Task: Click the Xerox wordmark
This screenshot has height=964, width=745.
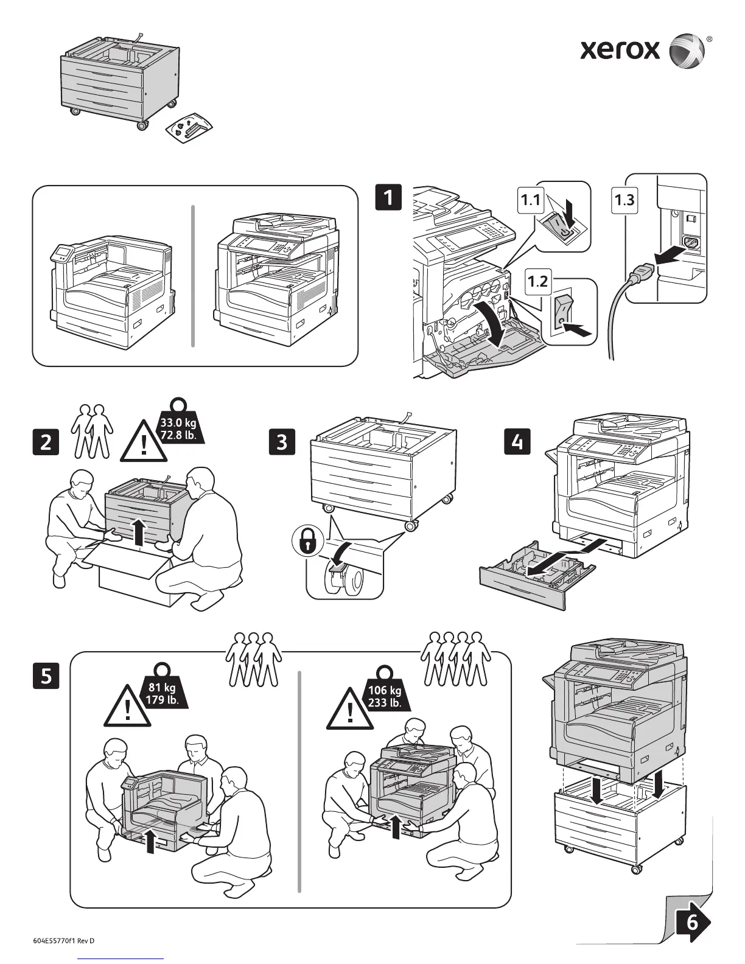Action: point(620,49)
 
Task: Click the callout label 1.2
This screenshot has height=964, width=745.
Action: point(538,281)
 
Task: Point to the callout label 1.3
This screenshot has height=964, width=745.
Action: point(624,200)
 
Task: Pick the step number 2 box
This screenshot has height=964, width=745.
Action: point(46,442)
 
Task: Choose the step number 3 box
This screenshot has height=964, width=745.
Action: point(281,441)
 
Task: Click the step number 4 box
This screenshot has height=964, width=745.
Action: point(517,441)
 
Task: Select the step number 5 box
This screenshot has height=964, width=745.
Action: point(46,676)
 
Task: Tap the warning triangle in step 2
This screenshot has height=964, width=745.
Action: point(144,443)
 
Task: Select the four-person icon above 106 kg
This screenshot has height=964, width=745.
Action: point(457,660)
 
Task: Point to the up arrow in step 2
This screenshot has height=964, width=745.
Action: point(139,531)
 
